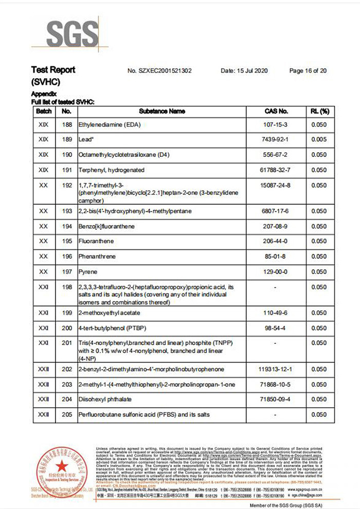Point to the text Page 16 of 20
coord(308,71)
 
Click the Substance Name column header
coord(162,111)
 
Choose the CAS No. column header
coord(276,111)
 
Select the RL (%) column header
coord(319,111)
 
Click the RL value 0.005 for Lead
coord(319,139)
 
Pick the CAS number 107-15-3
coord(276,125)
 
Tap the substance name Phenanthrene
coord(97,257)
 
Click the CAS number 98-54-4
coord(276,328)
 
